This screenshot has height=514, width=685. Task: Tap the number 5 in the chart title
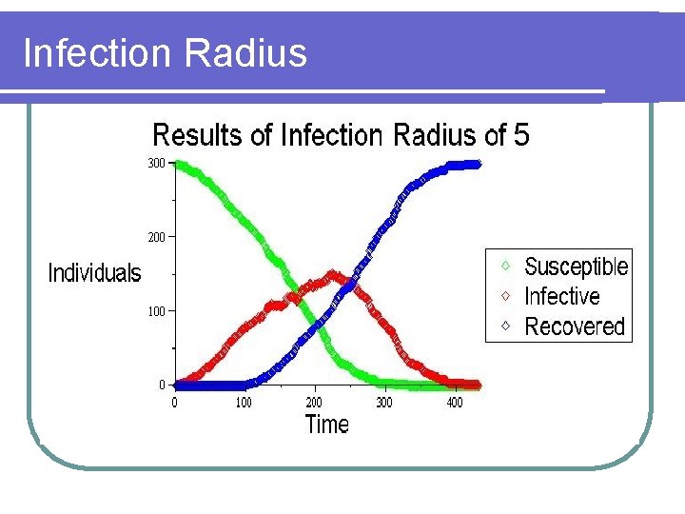tap(520, 135)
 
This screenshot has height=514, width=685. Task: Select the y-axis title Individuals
tap(94, 274)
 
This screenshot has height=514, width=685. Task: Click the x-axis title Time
tap(326, 425)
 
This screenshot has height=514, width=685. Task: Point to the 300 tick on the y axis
tap(155, 163)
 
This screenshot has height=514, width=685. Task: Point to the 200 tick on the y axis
tap(155, 236)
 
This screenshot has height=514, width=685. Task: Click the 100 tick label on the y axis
tap(155, 311)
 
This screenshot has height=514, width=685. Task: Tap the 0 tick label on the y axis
tap(162, 385)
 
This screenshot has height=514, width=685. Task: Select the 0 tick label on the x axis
tap(173, 403)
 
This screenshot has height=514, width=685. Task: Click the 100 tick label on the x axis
tap(244, 403)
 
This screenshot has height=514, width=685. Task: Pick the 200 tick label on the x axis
tap(314, 403)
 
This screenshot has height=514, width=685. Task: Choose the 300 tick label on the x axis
tap(384, 403)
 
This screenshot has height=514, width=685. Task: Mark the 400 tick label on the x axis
tap(455, 403)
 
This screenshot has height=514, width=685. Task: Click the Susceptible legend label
tap(576, 267)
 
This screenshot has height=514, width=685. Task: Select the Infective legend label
tap(561, 296)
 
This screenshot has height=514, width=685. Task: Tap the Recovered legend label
tap(574, 326)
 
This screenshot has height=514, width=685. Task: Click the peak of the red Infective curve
tap(331, 275)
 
